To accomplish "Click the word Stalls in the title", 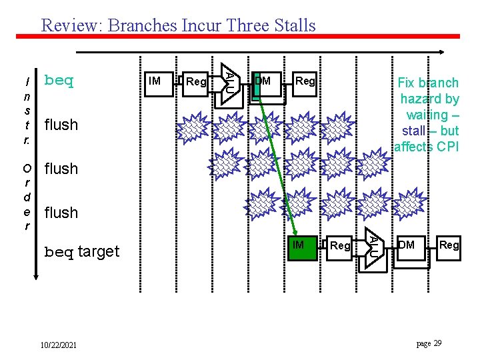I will pos(290,26).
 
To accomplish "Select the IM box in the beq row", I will pos(157,82).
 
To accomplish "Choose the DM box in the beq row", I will pos(265,82).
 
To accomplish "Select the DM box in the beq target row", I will pos(409,245).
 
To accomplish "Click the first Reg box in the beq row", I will pos(196,82).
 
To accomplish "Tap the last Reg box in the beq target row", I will pos(449,245).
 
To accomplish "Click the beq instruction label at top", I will pos(58,81).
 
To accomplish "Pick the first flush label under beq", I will pos(61,125).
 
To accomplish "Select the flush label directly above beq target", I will pos(61,213).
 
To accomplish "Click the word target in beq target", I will pos(98,251).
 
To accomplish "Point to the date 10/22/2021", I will pos(58,345).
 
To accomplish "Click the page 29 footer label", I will pos(429,343).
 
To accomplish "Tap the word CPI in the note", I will pos(445,147).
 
